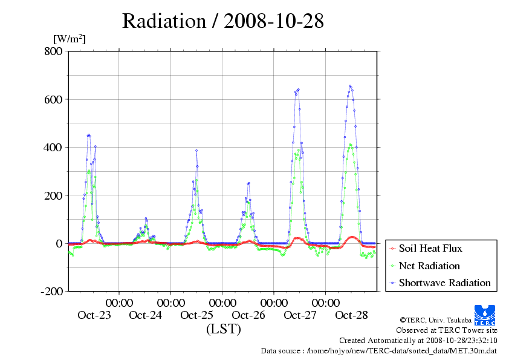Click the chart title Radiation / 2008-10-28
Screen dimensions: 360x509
(223, 21)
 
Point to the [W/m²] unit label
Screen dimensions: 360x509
(70, 39)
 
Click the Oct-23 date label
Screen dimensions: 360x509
(94, 315)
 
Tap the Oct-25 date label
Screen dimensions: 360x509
(197, 315)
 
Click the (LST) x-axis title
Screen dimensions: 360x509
(223, 329)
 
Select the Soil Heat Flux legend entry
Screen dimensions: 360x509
(430, 248)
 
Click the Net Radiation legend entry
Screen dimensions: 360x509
(429, 266)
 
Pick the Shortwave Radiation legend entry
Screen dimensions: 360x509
(444, 283)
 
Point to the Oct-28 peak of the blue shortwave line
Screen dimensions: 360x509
(350, 86)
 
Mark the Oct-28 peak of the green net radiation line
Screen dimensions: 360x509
(351, 145)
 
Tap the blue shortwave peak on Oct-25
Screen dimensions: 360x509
(196, 151)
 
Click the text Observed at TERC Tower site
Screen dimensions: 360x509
(446, 330)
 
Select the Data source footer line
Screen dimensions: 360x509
(378, 350)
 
